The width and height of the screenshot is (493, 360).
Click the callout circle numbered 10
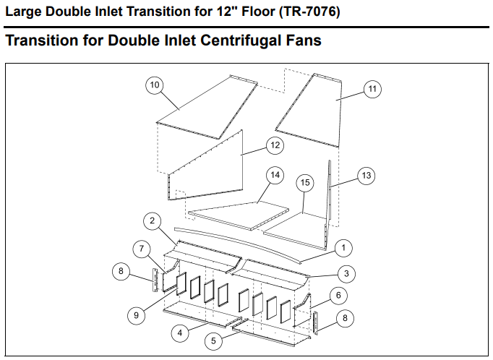tap(154, 85)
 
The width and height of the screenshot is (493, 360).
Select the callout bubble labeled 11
tap(372, 89)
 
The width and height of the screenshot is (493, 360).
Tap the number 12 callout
tap(274, 145)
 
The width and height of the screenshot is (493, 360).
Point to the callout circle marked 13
tap(366, 176)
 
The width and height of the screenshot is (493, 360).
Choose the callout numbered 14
tap(274, 176)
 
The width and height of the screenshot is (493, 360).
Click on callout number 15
tap(305, 183)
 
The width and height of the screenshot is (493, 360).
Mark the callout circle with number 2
tap(152, 220)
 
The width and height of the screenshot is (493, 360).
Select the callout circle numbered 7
tap(142, 249)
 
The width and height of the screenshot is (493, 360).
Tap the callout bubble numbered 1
tap(343, 248)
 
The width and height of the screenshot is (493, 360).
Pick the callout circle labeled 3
tap(346, 273)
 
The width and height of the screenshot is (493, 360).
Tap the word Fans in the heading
tap(302, 40)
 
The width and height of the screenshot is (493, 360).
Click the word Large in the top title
tap(24, 12)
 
